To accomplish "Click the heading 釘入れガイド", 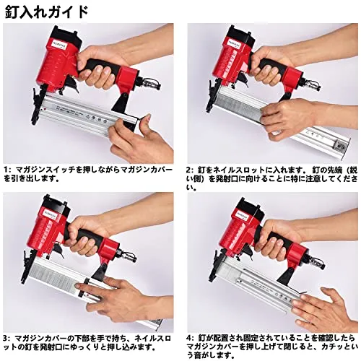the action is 46,12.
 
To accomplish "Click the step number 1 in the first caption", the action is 6,170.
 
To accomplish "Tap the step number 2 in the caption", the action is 189,170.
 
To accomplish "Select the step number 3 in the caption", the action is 6,339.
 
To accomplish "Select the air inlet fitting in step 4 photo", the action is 316,263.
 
